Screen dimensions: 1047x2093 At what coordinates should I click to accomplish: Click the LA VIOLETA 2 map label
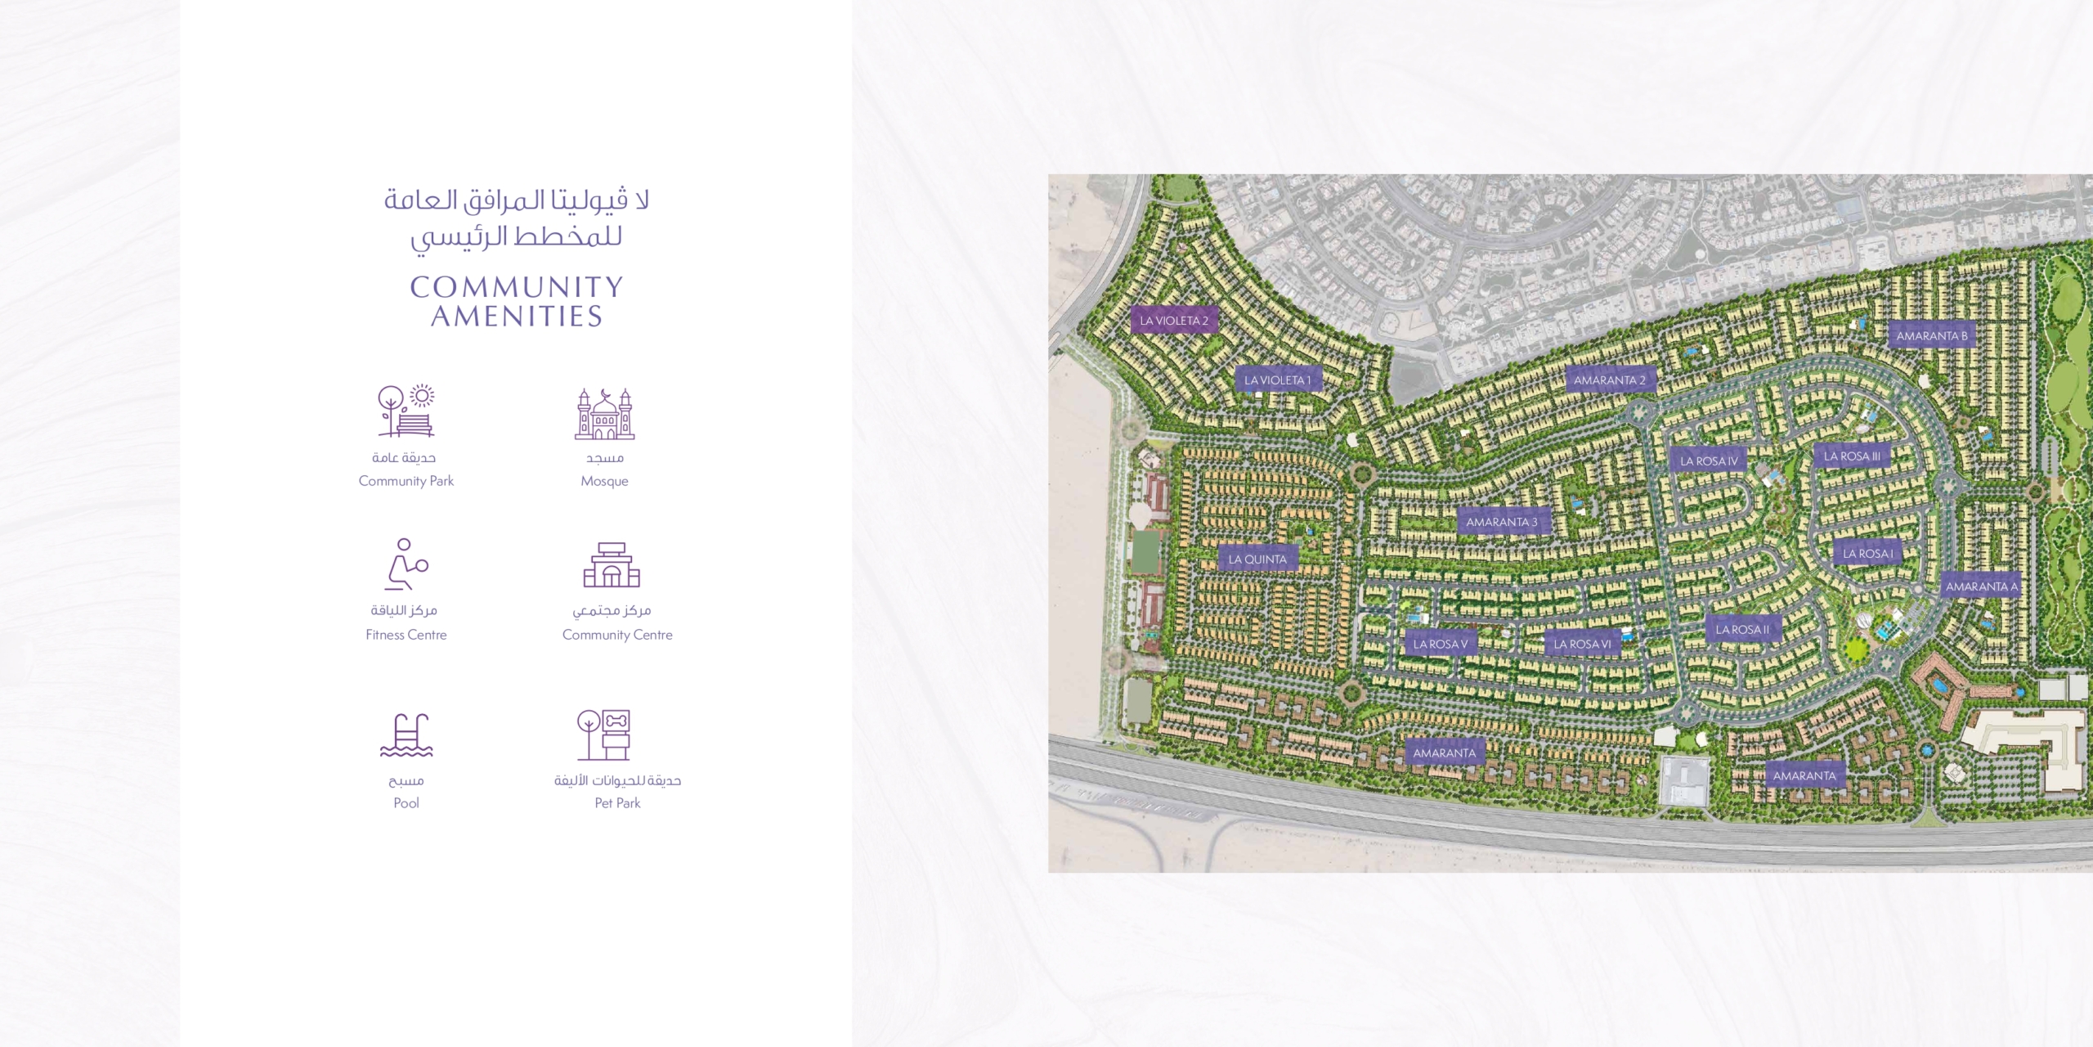[x=1174, y=321]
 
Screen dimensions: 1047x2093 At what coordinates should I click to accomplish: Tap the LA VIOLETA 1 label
[x=1277, y=380]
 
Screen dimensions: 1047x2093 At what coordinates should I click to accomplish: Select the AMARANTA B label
[x=1931, y=336]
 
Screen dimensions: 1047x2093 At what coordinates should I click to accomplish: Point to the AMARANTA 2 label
[x=1609, y=380]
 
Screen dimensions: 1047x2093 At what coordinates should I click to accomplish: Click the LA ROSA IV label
[x=1709, y=461]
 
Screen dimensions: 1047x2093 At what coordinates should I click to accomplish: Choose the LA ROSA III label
[x=1852, y=456]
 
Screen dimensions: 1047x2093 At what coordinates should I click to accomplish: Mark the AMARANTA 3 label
[x=1501, y=522]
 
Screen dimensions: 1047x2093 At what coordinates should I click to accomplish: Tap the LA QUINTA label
[x=1257, y=559]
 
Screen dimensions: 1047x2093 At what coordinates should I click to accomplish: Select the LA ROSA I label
[x=1867, y=554]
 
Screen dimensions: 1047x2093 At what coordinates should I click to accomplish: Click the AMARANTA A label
[x=1981, y=586]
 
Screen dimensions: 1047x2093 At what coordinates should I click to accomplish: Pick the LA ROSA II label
[x=1742, y=630]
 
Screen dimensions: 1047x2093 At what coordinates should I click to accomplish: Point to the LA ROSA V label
[x=1441, y=644]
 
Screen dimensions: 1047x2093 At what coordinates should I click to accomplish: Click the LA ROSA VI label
[x=1582, y=645]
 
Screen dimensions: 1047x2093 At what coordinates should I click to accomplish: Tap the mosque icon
[x=604, y=414]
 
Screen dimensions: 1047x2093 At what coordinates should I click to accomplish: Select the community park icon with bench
[x=406, y=411]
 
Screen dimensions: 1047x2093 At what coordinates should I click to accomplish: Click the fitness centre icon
[x=406, y=564]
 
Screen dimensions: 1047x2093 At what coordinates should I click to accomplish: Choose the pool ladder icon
[x=406, y=735]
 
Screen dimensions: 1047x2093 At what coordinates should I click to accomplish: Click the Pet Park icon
[x=604, y=735]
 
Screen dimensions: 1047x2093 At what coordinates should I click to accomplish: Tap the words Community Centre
[x=617, y=635]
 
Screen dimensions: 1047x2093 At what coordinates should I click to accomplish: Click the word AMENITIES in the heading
[x=517, y=317]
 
